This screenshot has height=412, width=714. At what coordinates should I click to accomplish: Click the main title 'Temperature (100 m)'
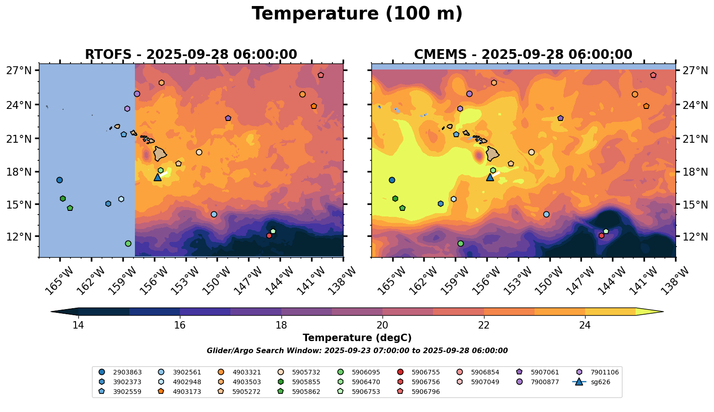(x=357, y=14)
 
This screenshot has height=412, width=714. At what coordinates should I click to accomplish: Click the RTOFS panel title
(x=191, y=55)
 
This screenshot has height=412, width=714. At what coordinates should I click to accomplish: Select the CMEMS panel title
(x=523, y=55)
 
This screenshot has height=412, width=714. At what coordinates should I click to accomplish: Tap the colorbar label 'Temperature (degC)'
(x=357, y=338)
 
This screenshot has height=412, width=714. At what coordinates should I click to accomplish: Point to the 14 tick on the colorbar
(x=78, y=325)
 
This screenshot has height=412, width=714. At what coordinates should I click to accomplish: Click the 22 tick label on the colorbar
(x=484, y=325)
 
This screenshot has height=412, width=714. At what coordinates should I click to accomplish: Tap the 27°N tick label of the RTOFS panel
(x=19, y=71)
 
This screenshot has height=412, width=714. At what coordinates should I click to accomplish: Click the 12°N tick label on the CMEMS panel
(x=695, y=236)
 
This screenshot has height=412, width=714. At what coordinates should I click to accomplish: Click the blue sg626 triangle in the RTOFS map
(x=158, y=177)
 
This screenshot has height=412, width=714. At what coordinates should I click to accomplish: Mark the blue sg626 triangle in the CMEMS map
(x=490, y=177)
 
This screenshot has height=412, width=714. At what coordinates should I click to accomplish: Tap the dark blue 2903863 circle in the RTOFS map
(x=59, y=180)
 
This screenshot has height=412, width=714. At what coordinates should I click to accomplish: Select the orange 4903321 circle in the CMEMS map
(x=635, y=94)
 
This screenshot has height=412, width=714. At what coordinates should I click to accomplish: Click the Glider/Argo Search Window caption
(x=357, y=351)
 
